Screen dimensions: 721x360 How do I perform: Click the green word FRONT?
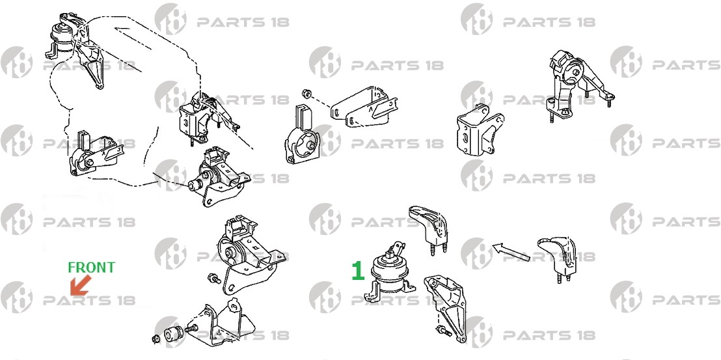(x=92, y=267)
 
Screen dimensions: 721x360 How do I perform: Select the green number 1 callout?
(x=358, y=271)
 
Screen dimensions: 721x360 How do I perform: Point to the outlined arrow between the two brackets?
(x=511, y=252)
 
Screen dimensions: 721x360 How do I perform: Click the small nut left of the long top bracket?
(x=306, y=94)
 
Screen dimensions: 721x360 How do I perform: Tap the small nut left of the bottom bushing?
(x=156, y=340)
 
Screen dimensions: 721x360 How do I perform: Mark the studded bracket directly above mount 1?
(x=429, y=229)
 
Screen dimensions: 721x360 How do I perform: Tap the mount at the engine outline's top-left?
(x=74, y=46)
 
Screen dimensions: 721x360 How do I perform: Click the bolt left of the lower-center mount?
(x=214, y=278)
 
